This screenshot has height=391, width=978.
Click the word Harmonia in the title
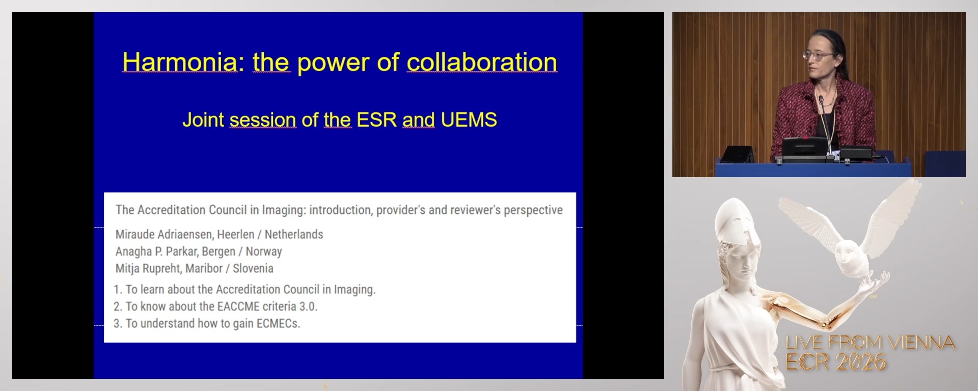point(180,63)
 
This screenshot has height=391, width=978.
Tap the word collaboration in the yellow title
point(481,63)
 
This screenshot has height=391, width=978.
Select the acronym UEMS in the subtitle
point(469,120)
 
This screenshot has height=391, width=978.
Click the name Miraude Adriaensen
point(159,234)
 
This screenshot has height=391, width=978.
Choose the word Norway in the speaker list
point(263,252)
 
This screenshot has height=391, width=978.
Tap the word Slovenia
point(253,268)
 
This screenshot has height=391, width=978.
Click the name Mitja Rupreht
point(148,268)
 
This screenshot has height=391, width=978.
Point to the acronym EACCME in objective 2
point(238,306)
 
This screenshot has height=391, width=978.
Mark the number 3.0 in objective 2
point(308,306)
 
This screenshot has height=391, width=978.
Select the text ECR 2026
point(835,362)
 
